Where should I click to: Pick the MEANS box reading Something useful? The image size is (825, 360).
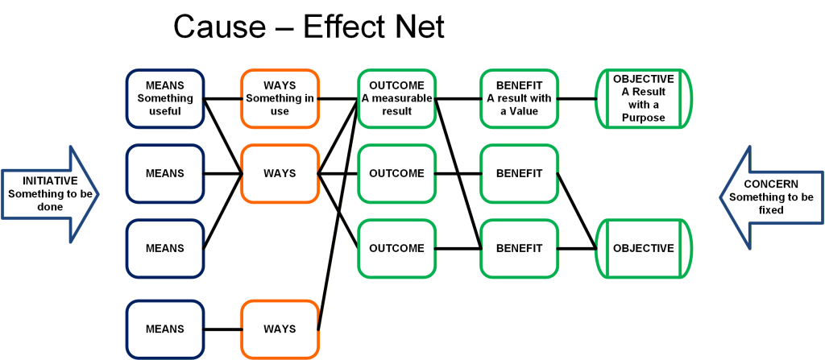165,98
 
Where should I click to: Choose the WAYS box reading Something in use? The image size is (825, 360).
280,98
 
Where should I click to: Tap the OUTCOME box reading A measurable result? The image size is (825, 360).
396,98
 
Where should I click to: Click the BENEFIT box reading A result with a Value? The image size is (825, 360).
519,98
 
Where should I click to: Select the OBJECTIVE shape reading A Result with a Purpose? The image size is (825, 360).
644,98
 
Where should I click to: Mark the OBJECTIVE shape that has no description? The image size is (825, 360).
644,248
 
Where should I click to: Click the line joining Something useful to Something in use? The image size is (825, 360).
222,98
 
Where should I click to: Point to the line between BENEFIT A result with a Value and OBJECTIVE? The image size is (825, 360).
577,98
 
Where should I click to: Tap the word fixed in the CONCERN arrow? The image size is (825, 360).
771,209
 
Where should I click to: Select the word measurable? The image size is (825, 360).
405,98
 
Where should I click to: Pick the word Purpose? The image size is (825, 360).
644,118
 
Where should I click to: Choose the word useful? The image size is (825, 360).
165,111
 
